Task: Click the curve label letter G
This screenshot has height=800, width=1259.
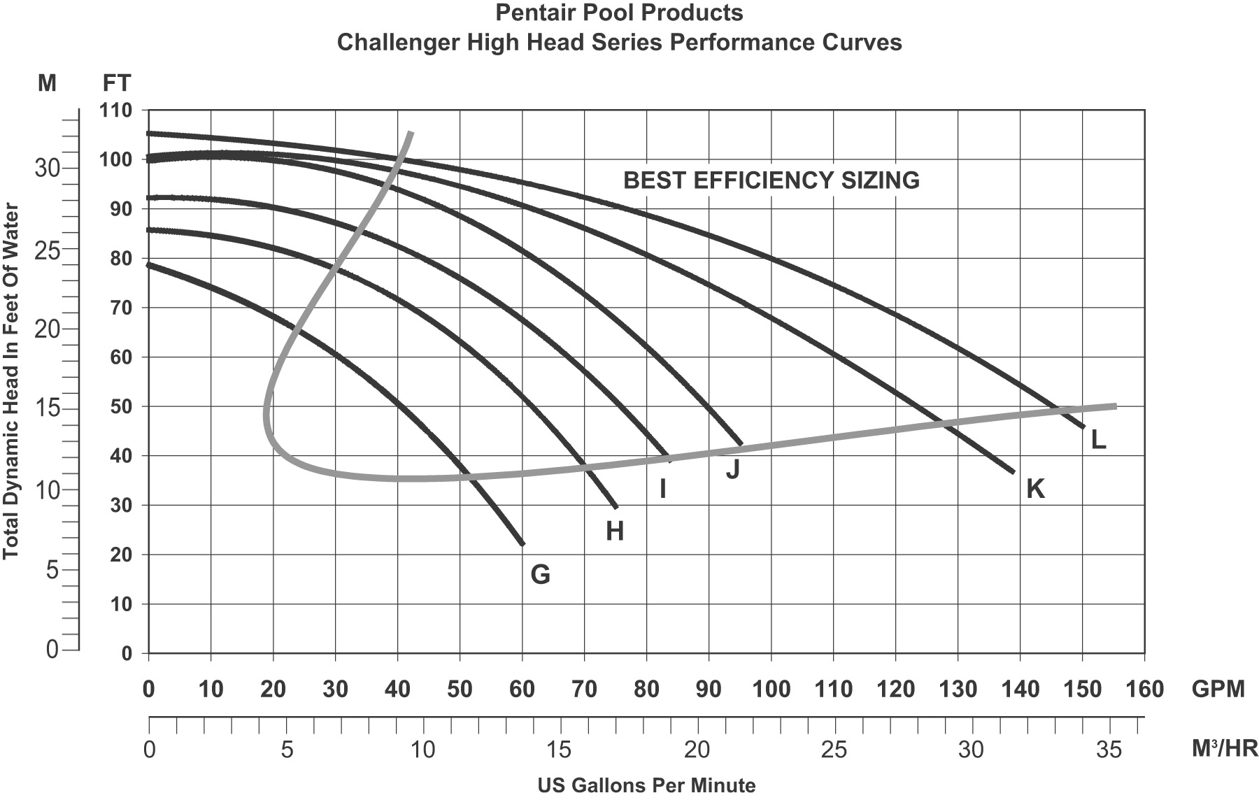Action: tap(540, 575)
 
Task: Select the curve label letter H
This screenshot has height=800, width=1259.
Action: tap(614, 532)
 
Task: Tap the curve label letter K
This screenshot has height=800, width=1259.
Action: tap(1035, 489)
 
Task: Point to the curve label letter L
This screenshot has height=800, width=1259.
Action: tap(1098, 439)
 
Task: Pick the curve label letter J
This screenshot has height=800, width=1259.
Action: tap(732, 469)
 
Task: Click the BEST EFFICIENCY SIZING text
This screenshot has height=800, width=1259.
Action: tap(771, 180)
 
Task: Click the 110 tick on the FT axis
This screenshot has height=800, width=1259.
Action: tap(116, 110)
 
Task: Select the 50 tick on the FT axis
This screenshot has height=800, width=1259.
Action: tap(121, 407)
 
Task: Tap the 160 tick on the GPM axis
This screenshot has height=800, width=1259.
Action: tap(1144, 690)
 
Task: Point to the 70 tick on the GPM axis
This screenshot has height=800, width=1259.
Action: tap(584, 690)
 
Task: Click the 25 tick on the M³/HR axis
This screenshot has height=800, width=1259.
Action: tap(834, 750)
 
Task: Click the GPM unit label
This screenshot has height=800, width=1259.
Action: tap(1218, 690)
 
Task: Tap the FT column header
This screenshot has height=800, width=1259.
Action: tap(116, 83)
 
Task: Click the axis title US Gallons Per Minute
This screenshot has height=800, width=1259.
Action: tap(646, 785)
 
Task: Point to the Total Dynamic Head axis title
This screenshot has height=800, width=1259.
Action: tap(11, 381)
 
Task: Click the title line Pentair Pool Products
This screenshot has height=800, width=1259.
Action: tap(619, 13)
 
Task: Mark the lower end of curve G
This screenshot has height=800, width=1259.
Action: tap(522, 543)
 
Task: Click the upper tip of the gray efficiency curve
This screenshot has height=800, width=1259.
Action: tap(411, 132)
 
